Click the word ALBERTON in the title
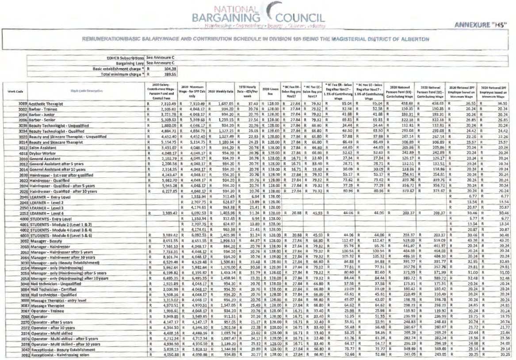(412, 38)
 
